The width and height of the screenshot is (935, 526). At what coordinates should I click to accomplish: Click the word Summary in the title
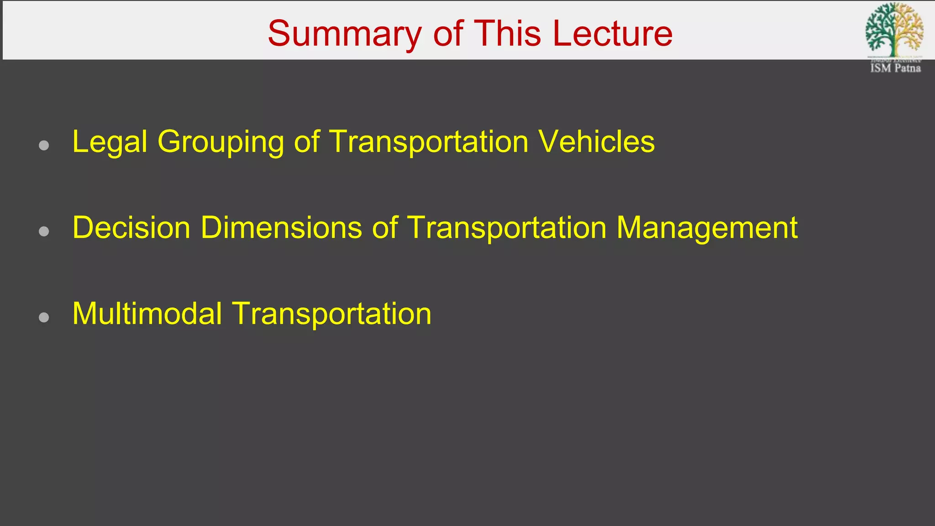coord(345,34)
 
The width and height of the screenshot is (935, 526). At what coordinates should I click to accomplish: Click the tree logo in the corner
coord(894,30)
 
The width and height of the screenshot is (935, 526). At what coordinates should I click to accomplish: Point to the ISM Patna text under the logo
coord(895,68)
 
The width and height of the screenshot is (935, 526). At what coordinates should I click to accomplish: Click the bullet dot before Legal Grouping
coord(44,146)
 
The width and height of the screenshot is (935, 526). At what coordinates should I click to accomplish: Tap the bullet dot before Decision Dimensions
coord(44,231)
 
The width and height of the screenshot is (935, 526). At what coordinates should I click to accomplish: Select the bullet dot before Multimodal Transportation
coord(44,317)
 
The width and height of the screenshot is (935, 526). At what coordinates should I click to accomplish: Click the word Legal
coord(110,142)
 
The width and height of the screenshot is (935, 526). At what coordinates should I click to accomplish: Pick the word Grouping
coord(221,142)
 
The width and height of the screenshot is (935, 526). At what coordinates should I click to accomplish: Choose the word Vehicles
coord(597,142)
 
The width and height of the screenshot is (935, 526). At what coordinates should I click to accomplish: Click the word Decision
coord(131,227)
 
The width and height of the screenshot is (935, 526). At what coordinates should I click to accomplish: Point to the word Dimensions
coord(281,227)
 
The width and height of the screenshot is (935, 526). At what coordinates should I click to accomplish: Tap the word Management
coord(707,228)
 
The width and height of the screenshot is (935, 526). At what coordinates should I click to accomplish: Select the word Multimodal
coord(147,314)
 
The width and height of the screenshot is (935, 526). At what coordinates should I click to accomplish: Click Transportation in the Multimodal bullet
coord(332,314)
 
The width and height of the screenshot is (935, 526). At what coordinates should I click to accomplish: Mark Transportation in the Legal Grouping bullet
coord(429,142)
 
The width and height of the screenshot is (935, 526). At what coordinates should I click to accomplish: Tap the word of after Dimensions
coord(384,227)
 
